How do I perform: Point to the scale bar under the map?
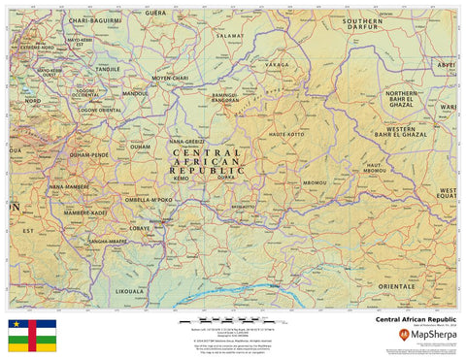click(x=234, y=318)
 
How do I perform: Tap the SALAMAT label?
click(x=230, y=35)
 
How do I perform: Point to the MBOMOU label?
click(x=315, y=182)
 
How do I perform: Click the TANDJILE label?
click(x=108, y=69)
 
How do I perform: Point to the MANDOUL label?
click(x=135, y=94)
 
